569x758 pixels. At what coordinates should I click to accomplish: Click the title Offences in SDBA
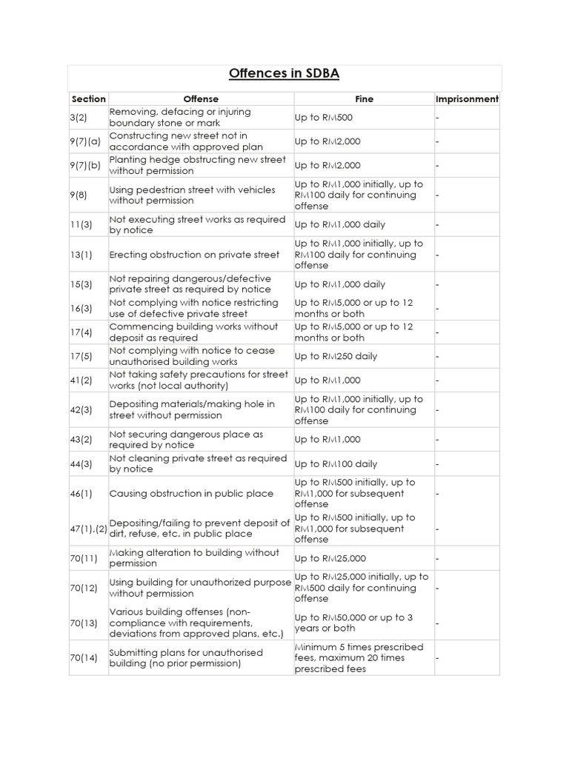pos(284,74)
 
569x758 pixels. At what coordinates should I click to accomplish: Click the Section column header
pos(88,99)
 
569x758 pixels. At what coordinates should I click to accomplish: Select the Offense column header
pos(201,99)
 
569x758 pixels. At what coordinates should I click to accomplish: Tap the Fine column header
pos(364,99)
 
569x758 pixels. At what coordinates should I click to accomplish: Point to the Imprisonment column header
pos(467,99)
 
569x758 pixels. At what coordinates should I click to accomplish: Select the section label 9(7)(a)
pos(85,141)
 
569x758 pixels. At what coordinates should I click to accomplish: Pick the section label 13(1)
pos(81,255)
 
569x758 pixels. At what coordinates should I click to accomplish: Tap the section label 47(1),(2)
pos(89,529)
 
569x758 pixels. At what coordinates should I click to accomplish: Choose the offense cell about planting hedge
pos(197,165)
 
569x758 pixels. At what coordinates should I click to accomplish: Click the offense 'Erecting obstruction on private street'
pos(194,255)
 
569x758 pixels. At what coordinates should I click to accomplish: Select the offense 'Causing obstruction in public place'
pos(191,494)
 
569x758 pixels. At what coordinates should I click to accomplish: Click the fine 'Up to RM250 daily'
pos(336,356)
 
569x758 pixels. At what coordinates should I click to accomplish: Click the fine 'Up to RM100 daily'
pos(336,464)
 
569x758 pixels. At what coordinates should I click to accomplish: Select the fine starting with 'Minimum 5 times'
pos(359,658)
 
